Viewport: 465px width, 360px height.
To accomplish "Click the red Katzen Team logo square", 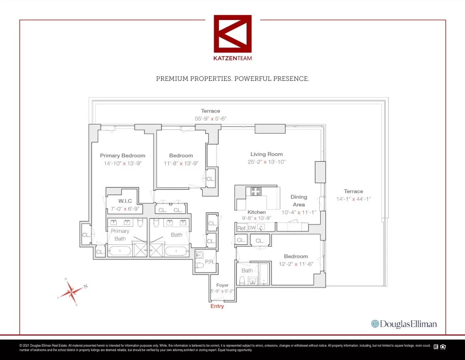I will [x=232, y=33].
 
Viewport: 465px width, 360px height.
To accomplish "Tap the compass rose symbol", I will [x=71, y=292].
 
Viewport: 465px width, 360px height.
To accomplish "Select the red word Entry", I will [x=217, y=306].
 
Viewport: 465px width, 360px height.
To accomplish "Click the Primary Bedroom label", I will [x=123, y=156].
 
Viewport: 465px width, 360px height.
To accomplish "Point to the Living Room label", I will [x=266, y=154].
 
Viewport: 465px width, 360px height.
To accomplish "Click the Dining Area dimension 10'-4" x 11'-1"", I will [x=299, y=212].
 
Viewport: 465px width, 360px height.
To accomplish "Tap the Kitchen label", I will [x=257, y=212].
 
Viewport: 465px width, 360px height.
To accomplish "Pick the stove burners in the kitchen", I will [x=256, y=191].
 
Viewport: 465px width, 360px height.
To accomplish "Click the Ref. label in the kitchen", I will [x=242, y=228].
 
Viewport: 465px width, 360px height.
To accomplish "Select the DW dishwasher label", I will [x=252, y=228].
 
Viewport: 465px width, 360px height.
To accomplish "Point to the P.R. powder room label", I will [x=209, y=262].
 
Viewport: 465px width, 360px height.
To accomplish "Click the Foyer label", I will [x=222, y=285].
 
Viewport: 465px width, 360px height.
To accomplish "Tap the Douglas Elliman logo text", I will [x=404, y=324].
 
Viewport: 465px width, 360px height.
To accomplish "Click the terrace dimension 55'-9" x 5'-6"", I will [x=211, y=119].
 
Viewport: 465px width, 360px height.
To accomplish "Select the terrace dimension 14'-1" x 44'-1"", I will [x=353, y=199].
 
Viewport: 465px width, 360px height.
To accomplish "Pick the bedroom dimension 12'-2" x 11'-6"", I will [x=296, y=264].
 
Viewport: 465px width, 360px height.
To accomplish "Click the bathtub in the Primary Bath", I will [x=120, y=251].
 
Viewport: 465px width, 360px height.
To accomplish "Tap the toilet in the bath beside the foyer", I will [x=242, y=280].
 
